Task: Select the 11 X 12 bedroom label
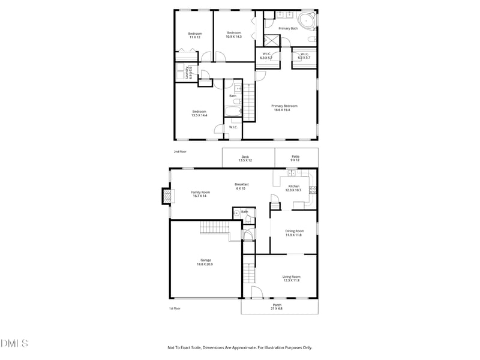[x=195, y=35]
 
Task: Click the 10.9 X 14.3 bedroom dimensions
[x=233, y=37]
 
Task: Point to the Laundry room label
[x=188, y=73]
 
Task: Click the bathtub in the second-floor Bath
[x=233, y=111]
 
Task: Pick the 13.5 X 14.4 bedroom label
[x=199, y=113]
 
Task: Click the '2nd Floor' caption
[x=180, y=152]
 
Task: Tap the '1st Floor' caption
[x=175, y=308]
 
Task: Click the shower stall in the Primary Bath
[x=271, y=41]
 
